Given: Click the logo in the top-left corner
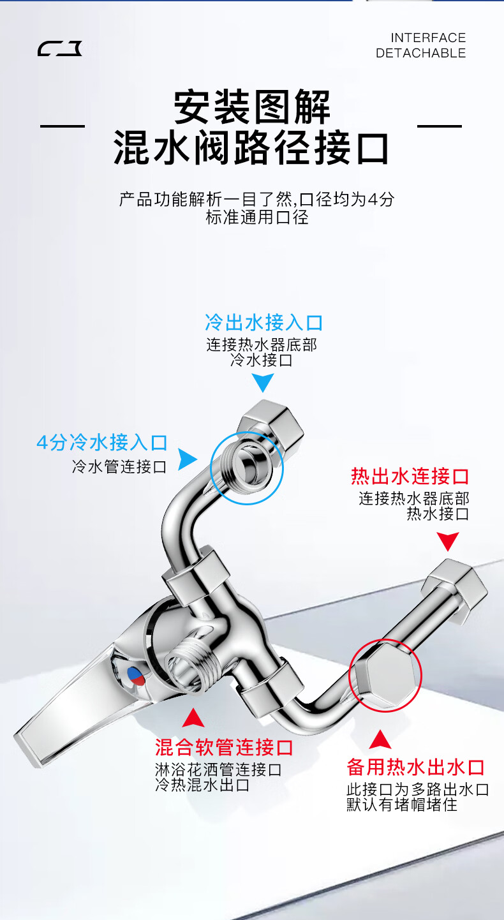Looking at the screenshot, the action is tap(60, 48).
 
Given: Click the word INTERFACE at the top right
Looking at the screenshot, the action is tap(428, 38).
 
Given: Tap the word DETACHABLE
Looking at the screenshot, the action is tap(420, 54).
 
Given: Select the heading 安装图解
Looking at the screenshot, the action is tap(252, 107).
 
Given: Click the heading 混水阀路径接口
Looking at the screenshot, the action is tap(251, 148).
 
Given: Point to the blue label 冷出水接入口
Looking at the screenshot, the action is tap(263, 322).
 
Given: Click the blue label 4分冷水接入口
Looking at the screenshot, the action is tap(101, 442).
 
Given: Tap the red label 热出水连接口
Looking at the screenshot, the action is tap(410, 476).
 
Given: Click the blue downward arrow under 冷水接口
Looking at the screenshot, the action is tap(262, 383).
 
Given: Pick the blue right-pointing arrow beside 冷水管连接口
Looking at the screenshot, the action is tap(186, 459).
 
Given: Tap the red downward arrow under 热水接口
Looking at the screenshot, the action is tap(448, 542).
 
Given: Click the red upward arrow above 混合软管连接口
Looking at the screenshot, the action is tap(193, 718).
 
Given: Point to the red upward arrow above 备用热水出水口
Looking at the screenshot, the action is tap(380, 739).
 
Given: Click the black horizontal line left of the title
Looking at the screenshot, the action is tap(63, 126).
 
